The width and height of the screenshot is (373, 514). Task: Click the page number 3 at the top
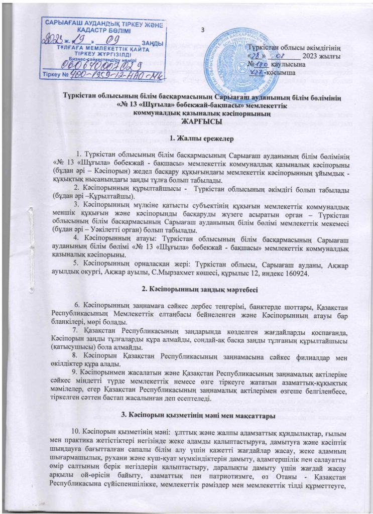(203, 28)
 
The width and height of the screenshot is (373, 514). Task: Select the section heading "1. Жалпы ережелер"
(186, 138)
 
